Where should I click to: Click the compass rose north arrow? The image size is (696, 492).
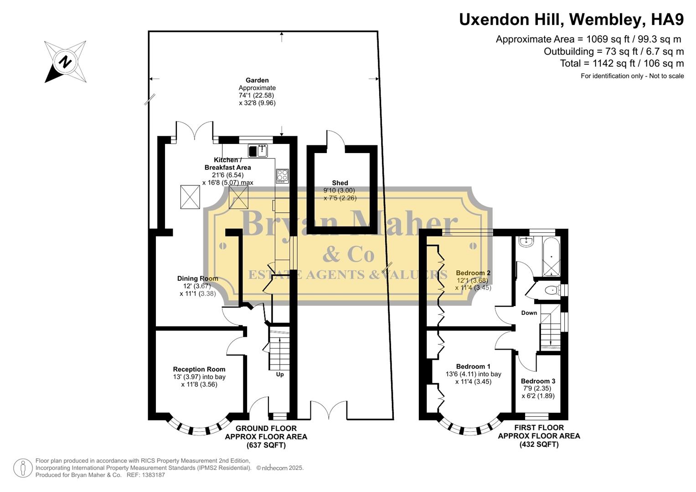65,62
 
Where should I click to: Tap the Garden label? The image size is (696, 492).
258,80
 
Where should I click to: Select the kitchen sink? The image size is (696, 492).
258,150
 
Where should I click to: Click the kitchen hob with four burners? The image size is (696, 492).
282,176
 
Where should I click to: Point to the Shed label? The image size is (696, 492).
340,183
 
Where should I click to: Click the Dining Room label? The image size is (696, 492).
197,278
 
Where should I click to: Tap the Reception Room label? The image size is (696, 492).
199,369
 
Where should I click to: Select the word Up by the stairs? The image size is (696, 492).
280,374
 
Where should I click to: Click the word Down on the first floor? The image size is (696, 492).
529,313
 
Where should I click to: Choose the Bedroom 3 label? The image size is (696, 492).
538,381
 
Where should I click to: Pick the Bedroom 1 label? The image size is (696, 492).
473,366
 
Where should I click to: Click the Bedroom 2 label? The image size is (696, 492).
473,273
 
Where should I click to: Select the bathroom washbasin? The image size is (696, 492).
527,241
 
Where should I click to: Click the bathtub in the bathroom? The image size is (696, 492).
551,256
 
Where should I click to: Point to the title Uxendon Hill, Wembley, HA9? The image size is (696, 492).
571,20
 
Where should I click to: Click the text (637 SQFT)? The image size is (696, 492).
266,445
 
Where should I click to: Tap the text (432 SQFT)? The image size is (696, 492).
539,444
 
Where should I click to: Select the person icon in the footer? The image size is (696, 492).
23,468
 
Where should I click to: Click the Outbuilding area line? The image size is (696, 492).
614,51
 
